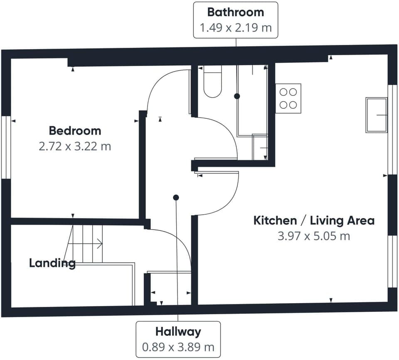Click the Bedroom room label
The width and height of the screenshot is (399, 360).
coord(75,131)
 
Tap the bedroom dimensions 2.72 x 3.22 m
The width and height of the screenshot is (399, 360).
coord(75,147)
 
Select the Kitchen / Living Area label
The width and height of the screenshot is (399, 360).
coord(314,220)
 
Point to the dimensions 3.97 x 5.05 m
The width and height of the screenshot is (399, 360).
coord(314,236)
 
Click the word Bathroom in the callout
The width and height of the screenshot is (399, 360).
coord(236,12)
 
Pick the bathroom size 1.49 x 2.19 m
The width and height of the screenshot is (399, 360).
coord(236,28)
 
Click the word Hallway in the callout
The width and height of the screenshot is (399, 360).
coord(178,331)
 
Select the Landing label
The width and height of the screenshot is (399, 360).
coord(52,263)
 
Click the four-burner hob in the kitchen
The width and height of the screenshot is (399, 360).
coord(288,98)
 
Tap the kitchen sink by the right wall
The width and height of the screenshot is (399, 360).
coord(376,115)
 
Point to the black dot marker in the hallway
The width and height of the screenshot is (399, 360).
coord(176,197)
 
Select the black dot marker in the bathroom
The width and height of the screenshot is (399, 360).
coord(237,96)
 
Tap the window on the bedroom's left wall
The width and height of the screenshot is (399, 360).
coord(5,147)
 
